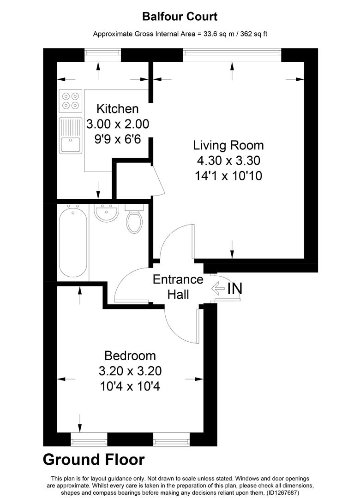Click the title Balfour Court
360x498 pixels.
180,17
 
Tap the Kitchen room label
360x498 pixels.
117,109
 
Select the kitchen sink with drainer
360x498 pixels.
70,135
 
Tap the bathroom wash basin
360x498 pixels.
107,213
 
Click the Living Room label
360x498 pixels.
228,145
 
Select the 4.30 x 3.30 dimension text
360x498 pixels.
228,160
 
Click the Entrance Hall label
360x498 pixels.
178,286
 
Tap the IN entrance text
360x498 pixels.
234,289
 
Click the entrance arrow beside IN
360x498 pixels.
217,289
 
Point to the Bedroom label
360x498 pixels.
130,356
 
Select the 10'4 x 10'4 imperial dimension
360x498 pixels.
130,385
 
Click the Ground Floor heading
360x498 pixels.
94,459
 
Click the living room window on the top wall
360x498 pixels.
232,55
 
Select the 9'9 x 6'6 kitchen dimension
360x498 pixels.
117,139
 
